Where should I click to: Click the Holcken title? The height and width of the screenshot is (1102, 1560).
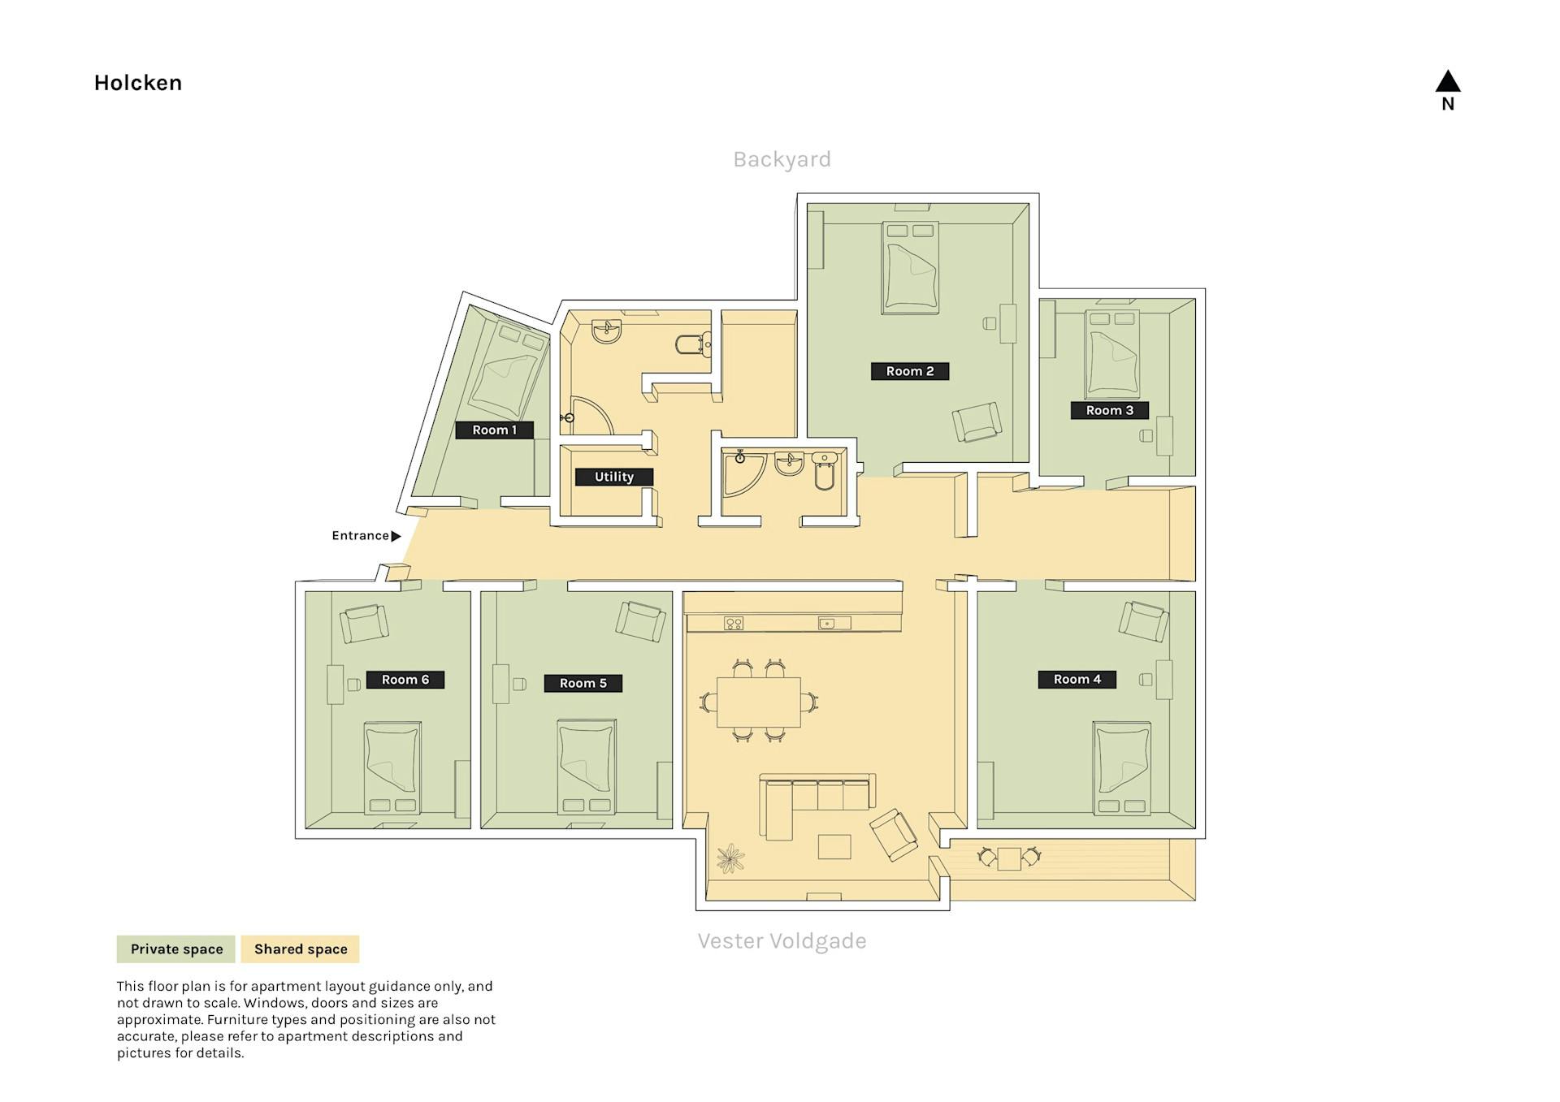[x=137, y=83]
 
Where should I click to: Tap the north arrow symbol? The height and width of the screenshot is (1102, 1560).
[x=1447, y=81]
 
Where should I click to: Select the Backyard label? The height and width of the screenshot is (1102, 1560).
[x=782, y=159]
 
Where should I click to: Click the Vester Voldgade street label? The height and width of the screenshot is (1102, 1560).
[x=782, y=941]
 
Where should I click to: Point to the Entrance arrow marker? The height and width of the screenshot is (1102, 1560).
[x=396, y=536]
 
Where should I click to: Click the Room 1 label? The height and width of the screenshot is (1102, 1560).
[x=494, y=430]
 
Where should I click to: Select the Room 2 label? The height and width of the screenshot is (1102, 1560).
[x=910, y=371]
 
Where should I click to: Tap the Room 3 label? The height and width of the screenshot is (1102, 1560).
[x=1109, y=410]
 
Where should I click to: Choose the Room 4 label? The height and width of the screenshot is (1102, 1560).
[x=1077, y=679]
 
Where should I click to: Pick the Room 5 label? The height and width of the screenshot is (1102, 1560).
[x=583, y=683]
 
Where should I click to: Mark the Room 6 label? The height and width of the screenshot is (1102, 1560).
[x=405, y=680]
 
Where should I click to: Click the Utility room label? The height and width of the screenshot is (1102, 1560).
[x=614, y=477]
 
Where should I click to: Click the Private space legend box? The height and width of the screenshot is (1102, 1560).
[x=176, y=949]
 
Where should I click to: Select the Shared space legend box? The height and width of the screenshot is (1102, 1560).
[x=301, y=949]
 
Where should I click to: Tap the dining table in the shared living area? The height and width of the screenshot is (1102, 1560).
[x=759, y=702]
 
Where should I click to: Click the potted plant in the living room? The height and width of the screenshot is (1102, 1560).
[x=731, y=858]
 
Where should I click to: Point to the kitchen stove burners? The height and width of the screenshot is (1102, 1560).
[x=734, y=624]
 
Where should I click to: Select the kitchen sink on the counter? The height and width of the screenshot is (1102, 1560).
[x=834, y=623]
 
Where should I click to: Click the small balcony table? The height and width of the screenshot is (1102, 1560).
[x=1009, y=858]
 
